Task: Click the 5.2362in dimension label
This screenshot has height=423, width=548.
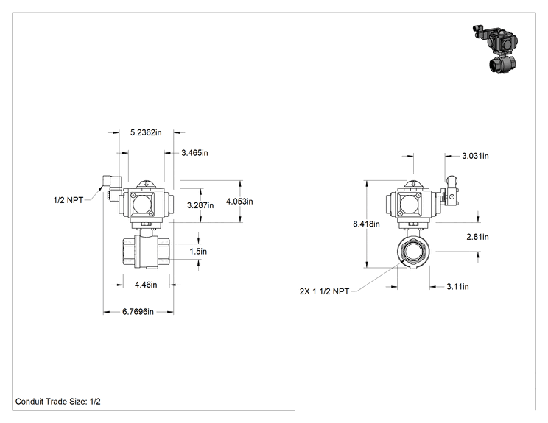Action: [x=146, y=132]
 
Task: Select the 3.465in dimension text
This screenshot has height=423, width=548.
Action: [x=194, y=153]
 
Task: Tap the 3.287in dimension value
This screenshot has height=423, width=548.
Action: [x=200, y=205]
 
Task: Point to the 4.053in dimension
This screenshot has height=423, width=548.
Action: [x=239, y=202]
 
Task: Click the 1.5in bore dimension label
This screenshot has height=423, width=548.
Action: [x=198, y=252]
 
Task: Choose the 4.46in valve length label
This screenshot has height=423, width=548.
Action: [x=146, y=285]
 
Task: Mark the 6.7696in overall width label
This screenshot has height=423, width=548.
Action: [x=138, y=312]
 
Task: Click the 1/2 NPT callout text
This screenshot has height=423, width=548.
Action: [x=68, y=200]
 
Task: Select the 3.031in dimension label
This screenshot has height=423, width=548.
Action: [x=475, y=156]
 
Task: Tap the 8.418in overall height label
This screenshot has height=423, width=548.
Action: [x=366, y=224]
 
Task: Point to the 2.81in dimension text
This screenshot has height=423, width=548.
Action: [x=477, y=237]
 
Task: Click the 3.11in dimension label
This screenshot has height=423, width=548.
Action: [x=457, y=287]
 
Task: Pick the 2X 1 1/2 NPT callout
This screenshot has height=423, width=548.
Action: [x=324, y=291]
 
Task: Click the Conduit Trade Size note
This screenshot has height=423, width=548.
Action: [x=58, y=402]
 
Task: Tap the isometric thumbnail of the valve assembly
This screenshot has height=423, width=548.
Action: [x=496, y=48]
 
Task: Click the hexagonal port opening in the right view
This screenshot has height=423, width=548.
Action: [x=413, y=252]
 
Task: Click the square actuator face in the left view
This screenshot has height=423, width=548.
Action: [x=141, y=204]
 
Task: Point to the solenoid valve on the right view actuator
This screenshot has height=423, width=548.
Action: [x=449, y=191]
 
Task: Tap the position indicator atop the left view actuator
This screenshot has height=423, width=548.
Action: [x=147, y=184]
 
